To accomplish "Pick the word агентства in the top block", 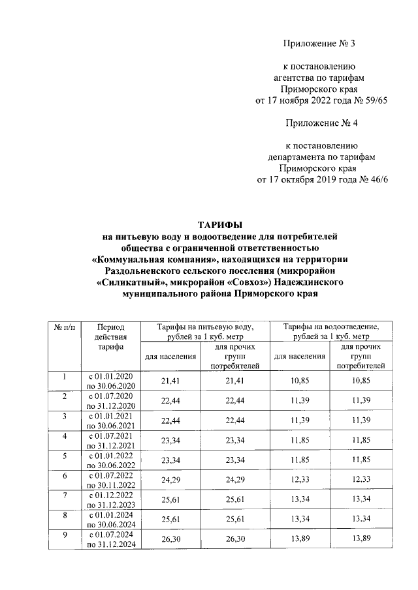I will tap(294, 78).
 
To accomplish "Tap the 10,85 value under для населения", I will tap(300, 380).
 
